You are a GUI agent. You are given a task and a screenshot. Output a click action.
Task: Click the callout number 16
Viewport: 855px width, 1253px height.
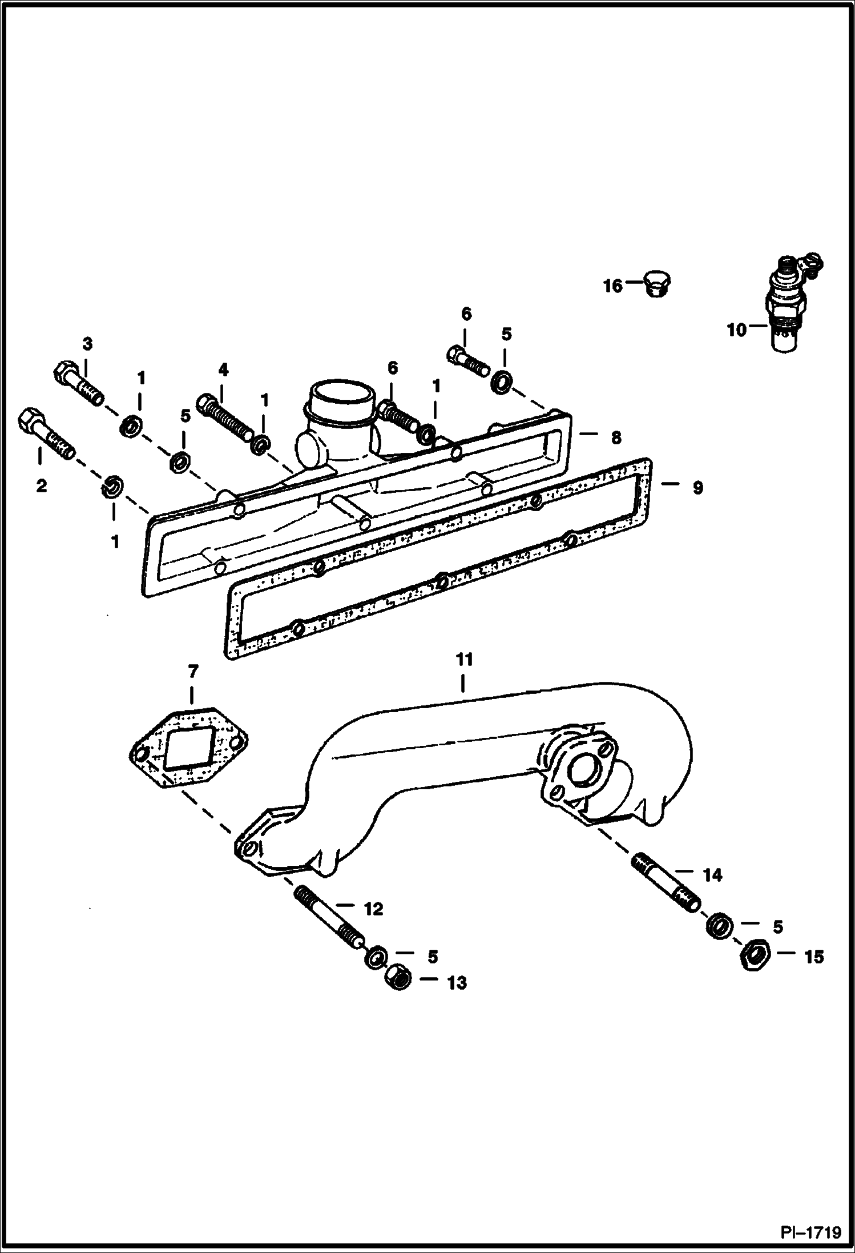tap(613, 286)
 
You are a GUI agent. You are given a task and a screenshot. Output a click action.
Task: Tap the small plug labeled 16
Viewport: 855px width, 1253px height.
tap(656, 283)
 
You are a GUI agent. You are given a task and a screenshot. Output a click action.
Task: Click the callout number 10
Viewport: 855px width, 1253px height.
tap(736, 330)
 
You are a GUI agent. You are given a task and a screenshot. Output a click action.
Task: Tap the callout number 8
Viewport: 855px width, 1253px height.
tap(616, 438)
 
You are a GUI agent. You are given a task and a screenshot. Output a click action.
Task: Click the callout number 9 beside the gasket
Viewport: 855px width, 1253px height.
tap(697, 488)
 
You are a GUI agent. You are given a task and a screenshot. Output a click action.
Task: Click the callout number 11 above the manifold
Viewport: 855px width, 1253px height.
tap(465, 660)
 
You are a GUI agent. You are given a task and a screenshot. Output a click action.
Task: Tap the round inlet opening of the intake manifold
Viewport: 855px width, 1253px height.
tap(341, 396)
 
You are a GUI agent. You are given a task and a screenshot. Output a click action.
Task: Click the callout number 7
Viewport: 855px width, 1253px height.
tap(193, 672)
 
